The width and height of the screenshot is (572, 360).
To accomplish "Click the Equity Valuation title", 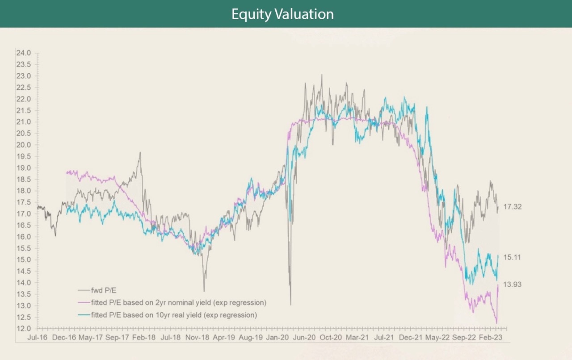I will point(282,14).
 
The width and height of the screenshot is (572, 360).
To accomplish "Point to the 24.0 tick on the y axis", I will point(23,53).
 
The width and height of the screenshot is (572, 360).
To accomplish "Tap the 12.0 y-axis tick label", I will point(23,329).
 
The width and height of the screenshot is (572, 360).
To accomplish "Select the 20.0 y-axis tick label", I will point(23,145).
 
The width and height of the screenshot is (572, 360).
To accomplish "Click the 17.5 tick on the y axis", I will point(23,202).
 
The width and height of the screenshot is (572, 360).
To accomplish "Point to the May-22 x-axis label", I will point(436,338).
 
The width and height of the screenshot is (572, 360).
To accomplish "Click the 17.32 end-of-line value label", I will point(512,207).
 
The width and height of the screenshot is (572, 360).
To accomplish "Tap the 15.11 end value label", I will point(512,258).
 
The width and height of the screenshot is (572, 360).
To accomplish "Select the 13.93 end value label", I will point(512,285).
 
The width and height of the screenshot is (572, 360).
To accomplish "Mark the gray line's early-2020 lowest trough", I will point(290,305).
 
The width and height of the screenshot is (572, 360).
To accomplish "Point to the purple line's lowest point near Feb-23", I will point(496,323).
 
